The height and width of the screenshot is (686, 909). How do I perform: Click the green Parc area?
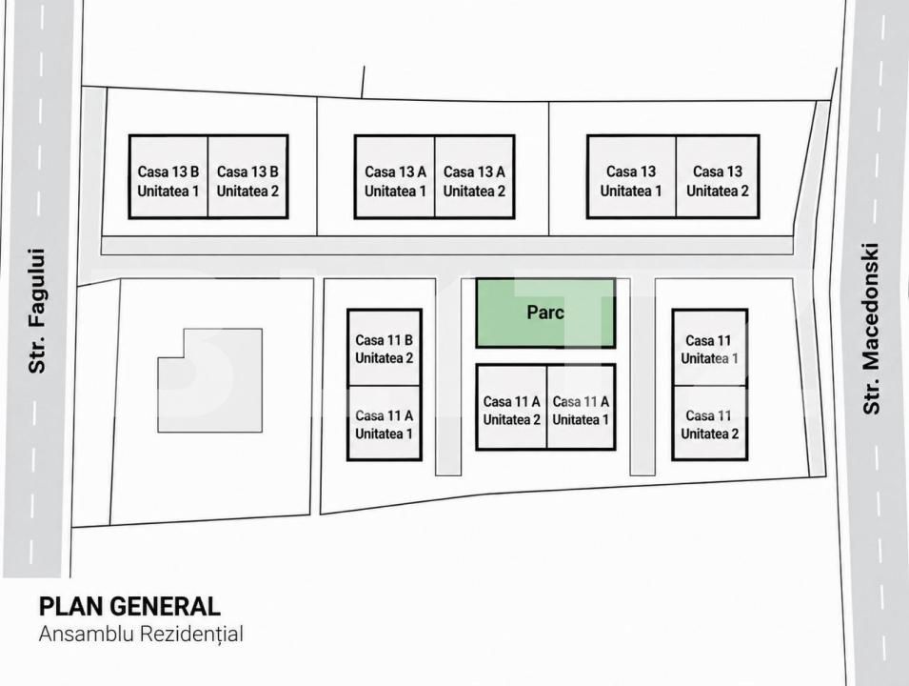click(x=545, y=313)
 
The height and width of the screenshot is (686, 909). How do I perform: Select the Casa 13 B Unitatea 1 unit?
click(x=168, y=177)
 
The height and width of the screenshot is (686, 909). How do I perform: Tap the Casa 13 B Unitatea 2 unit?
click(x=248, y=177)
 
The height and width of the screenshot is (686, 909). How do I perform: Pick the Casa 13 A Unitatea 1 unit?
click(x=395, y=177)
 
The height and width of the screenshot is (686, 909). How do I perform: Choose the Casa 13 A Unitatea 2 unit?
click(x=475, y=177)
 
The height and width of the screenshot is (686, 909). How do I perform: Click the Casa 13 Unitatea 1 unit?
click(x=631, y=177)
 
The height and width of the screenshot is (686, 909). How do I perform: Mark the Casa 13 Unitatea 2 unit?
click(x=718, y=177)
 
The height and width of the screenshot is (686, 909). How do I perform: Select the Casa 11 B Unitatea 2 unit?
click(x=385, y=348)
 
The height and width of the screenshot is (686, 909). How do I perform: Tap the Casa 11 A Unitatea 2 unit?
click(x=511, y=408)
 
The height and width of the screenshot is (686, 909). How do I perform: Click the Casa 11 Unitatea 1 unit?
click(x=709, y=348)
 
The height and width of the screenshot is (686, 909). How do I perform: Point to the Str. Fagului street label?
click(x=37, y=311)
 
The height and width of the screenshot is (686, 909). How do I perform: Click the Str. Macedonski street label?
click(x=871, y=329)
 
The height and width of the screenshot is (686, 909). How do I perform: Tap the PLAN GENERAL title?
click(x=129, y=607)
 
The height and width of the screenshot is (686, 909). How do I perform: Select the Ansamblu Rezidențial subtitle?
click(x=141, y=634)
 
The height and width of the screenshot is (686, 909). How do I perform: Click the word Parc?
click(x=545, y=313)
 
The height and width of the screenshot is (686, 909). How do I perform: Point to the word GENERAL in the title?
click(x=166, y=607)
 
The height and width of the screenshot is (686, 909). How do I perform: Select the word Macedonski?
click(x=871, y=307)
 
